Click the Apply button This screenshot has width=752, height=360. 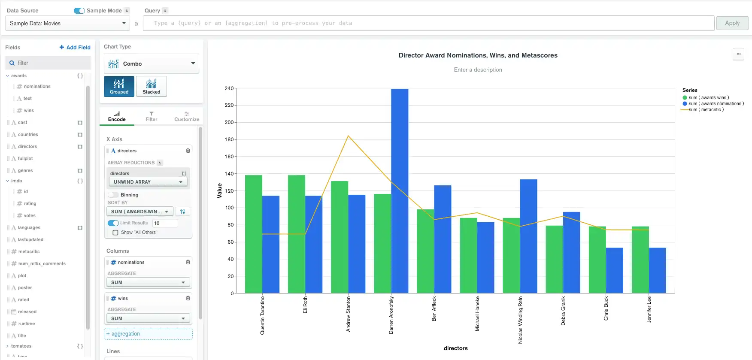pyautogui.click(x=732, y=23)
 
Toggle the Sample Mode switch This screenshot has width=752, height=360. pyautogui.click(x=79, y=11)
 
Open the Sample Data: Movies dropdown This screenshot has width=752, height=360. pyautogui.click(x=67, y=24)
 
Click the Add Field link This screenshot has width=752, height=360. pyautogui.click(x=75, y=48)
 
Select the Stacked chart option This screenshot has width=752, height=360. pyautogui.click(x=151, y=86)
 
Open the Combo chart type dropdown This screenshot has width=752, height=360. pyautogui.click(x=151, y=64)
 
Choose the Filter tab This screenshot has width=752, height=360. pyautogui.click(x=151, y=117)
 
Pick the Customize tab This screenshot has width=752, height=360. pyautogui.click(x=187, y=117)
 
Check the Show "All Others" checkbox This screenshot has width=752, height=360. pyautogui.click(x=115, y=233)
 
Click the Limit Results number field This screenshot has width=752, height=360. pyautogui.click(x=165, y=223)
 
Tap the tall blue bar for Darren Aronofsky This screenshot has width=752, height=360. pyautogui.click(x=400, y=191)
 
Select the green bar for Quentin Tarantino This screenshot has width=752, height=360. pyautogui.click(x=253, y=234)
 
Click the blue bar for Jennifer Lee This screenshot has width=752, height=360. pyautogui.click(x=657, y=270)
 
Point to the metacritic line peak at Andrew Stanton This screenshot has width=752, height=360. pyautogui.click(x=348, y=136)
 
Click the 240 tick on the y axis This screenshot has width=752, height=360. pyautogui.click(x=229, y=88)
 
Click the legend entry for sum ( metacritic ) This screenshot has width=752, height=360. pyautogui.click(x=706, y=110)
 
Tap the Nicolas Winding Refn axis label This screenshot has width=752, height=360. pyautogui.click(x=520, y=320)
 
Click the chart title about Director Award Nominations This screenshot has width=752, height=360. pyautogui.click(x=478, y=55)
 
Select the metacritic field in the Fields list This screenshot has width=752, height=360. pyautogui.click(x=29, y=252)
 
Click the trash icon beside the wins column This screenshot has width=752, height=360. pyautogui.click(x=188, y=298)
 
